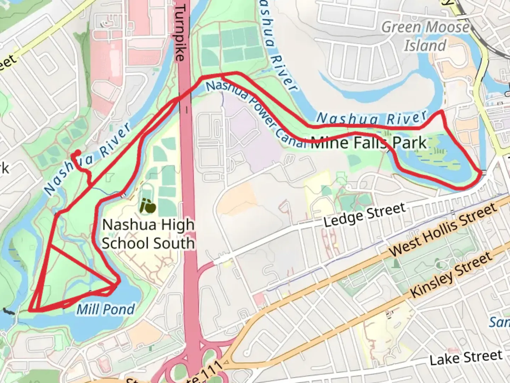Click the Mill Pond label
point(106,309)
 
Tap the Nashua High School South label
point(148,234)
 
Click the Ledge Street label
point(365,215)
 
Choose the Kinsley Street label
point(452,275)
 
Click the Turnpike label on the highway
point(180,32)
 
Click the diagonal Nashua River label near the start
point(87,160)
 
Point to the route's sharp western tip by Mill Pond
point(30,310)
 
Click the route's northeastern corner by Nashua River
point(441,112)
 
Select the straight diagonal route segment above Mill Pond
point(82,264)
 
